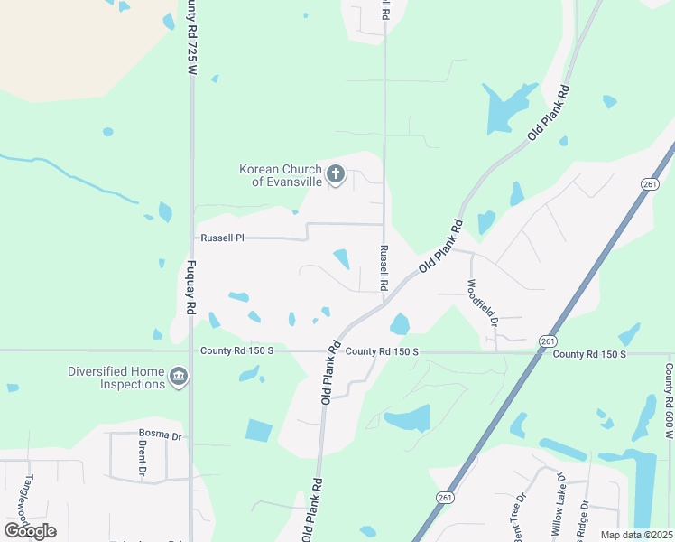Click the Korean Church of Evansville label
click(280, 175)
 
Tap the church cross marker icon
click(335, 173)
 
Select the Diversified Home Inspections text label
click(117, 378)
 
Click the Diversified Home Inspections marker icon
click(178, 377)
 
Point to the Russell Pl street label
click(222, 238)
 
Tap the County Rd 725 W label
click(191, 43)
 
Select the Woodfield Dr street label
click(482, 302)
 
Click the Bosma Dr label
click(160, 436)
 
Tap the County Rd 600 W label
click(669, 403)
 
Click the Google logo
click(30, 530)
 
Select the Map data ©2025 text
click(637, 535)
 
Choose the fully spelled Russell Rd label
click(384, 267)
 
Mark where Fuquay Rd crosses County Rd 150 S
click(191, 350)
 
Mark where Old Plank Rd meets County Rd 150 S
click(326, 351)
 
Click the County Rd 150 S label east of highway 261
click(589, 354)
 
